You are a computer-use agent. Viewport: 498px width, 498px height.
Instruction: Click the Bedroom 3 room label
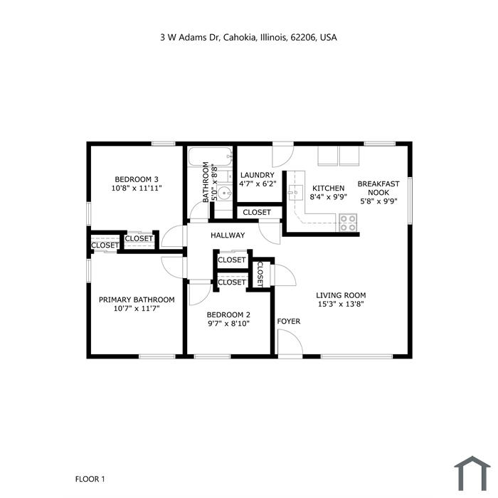click(x=137, y=179)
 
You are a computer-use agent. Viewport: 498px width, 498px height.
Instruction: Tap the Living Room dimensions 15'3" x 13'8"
click(x=341, y=304)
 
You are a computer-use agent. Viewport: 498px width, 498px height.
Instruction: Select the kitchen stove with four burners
click(x=348, y=223)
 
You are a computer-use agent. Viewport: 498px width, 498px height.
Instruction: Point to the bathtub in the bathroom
click(x=210, y=156)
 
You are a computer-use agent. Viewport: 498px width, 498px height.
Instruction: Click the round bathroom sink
click(x=226, y=193)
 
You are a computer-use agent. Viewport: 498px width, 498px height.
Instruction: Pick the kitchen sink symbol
click(x=294, y=192)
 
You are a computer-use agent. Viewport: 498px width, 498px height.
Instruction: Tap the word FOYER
click(x=288, y=322)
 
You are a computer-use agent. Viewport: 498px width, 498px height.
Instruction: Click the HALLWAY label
click(x=228, y=235)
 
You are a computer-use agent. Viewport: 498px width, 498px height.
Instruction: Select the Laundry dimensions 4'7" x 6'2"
click(x=258, y=184)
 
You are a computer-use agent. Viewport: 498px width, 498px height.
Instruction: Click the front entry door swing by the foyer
click(x=290, y=341)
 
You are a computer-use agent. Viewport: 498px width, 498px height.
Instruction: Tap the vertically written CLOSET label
click(x=260, y=274)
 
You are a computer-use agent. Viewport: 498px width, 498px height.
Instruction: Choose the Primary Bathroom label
click(x=137, y=300)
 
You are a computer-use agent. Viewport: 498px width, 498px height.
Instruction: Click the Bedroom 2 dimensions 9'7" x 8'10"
click(x=228, y=324)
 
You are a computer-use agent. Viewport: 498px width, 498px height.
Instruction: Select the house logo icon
click(x=472, y=474)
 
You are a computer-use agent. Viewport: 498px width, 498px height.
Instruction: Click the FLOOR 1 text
click(x=90, y=479)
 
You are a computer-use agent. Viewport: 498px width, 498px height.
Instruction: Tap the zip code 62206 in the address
click(x=303, y=38)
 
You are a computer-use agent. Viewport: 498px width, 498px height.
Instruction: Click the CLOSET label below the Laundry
click(x=257, y=212)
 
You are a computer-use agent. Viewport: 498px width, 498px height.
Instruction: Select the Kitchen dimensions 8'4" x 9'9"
click(x=329, y=196)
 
